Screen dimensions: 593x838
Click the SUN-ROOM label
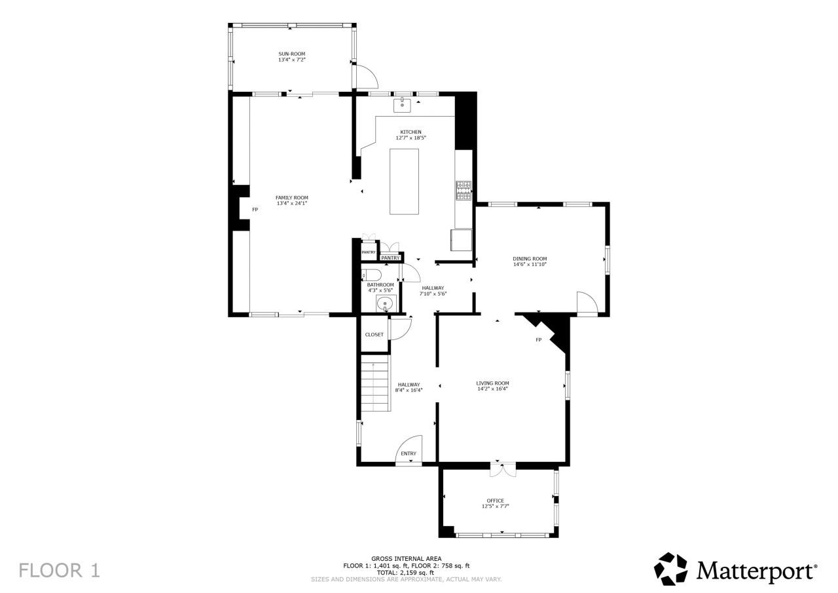(291, 54)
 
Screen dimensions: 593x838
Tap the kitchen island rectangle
(404, 182)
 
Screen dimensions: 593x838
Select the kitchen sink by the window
(402, 104)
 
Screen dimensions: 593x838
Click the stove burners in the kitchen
(464, 190)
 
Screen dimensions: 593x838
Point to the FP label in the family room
(255, 210)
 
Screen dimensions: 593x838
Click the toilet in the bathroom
(371, 275)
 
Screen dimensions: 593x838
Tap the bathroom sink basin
(386, 303)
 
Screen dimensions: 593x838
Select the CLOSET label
(374, 335)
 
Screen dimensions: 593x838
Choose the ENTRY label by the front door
(409, 453)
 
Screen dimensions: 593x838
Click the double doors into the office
(503, 469)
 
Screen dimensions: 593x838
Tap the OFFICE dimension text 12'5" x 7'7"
(496, 507)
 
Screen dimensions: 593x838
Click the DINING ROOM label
(529, 259)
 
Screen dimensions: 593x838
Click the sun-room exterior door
(367, 76)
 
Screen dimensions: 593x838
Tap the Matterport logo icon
(671, 569)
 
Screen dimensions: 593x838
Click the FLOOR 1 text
(59, 570)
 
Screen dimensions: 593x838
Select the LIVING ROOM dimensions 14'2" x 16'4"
(492, 389)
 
